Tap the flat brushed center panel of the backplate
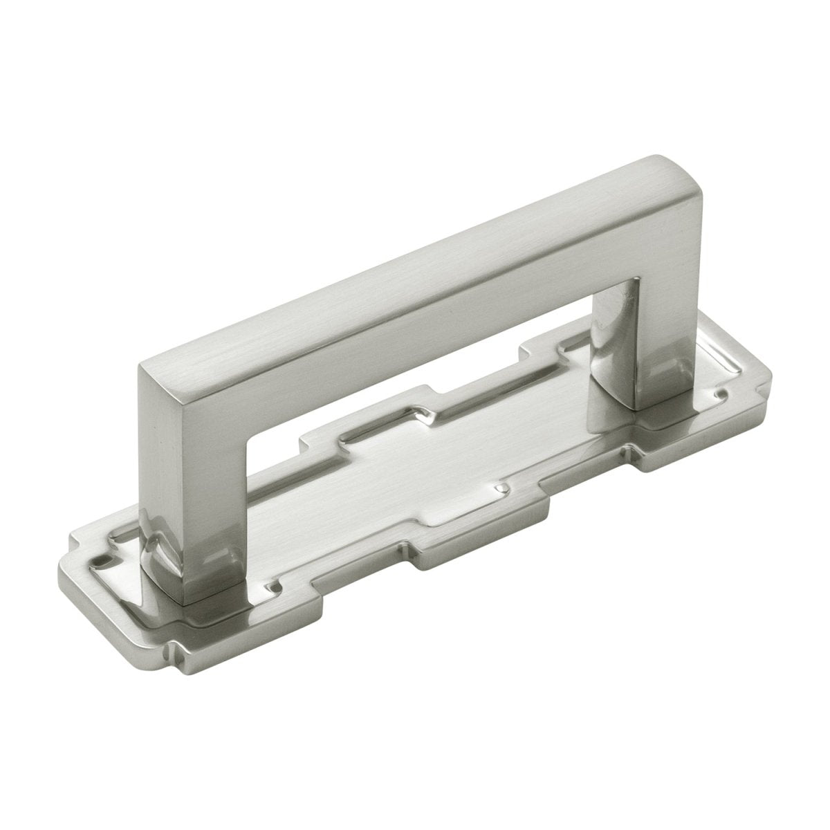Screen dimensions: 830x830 coord(415,491)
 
